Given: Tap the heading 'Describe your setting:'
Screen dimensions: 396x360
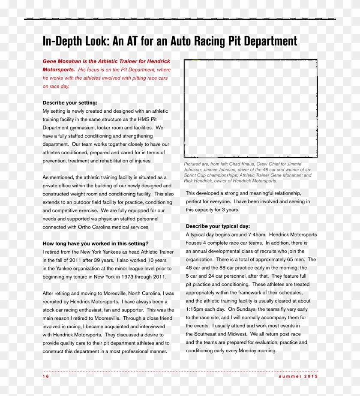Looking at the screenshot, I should click(x=70, y=103).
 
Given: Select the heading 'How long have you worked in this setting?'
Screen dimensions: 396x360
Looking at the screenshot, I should click(x=96, y=243).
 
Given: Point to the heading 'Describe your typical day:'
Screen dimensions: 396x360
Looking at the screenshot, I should click(x=218, y=226).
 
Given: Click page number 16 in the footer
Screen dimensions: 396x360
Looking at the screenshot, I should click(x=46, y=376).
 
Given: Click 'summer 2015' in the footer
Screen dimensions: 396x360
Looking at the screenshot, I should click(x=298, y=376).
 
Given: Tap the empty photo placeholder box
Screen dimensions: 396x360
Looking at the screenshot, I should click(x=251, y=108).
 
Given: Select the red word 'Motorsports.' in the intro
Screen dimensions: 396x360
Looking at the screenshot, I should click(x=59, y=69).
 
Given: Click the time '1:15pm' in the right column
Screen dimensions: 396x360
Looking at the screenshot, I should click(x=195, y=309).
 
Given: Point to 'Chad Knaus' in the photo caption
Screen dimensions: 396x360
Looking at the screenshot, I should click(x=242, y=164).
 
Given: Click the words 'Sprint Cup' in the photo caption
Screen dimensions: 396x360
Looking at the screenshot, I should click(x=196, y=175).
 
